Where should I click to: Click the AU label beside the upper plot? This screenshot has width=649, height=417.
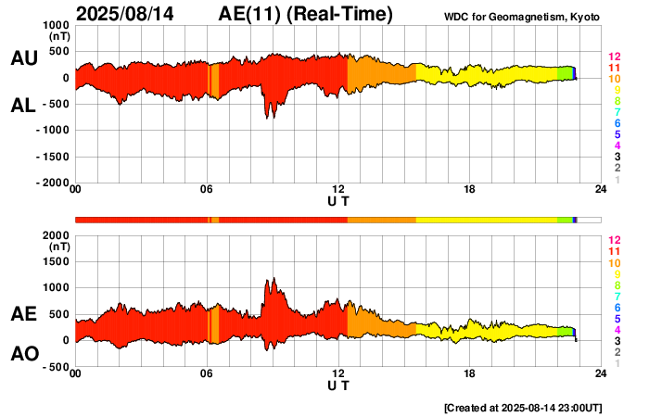pos(23,58)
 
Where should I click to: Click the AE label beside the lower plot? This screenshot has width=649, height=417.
pos(23,314)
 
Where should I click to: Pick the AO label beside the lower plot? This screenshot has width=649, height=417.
pos(23,354)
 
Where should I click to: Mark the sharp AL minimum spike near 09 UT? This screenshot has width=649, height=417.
pos(269,118)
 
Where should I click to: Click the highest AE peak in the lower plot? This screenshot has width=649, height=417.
pos(271,278)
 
